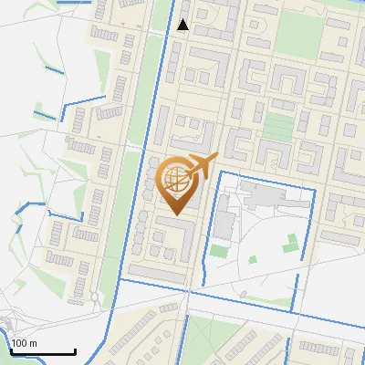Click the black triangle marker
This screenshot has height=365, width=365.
tap(183, 25)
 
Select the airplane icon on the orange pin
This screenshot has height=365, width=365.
tap(203, 165)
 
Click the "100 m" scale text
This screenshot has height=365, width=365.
tap(24, 343)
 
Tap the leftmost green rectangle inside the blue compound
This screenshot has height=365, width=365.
tap(218, 250)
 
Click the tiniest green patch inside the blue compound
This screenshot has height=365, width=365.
tap(252, 258)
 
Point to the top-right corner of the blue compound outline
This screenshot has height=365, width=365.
tap(314, 188)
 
